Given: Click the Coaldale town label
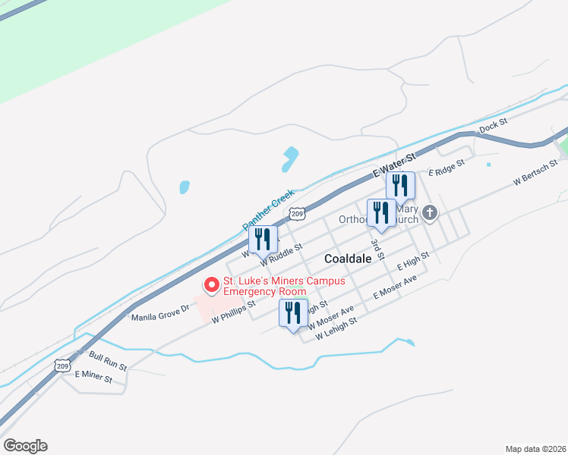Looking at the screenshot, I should coord(348,259).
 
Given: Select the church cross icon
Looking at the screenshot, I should coord(431,213).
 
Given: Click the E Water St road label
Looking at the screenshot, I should coord(396,167).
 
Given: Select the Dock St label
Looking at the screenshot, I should coord(493,122).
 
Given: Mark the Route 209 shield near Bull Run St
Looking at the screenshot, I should coord(63,366).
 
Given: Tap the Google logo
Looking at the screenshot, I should coord(25,446).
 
